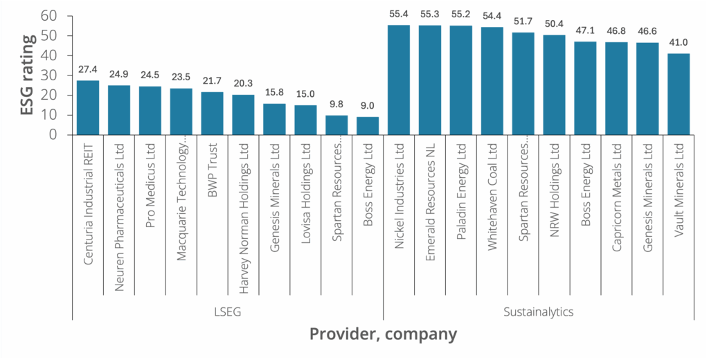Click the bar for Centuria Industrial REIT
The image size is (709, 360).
pyautogui.click(x=87, y=107)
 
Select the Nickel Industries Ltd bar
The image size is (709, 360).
pyautogui.click(x=399, y=80)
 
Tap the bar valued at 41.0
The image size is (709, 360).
pyautogui.click(x=679, y=93)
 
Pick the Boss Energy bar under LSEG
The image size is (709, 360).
pyautogui.click(x=368, y=125)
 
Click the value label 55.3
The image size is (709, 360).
pyautogui.click(x=430, y=14)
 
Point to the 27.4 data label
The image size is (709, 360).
pyautogui.click(x=87, y=70)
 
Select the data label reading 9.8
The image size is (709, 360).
pyautogui.click(x=336, y=105)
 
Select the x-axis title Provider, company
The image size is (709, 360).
pyautogui.click(x=383, y=334)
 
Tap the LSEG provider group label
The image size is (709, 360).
pyautogui.click(x=228, y=312)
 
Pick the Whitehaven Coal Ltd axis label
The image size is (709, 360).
pyautogui.click(x=492, y=195)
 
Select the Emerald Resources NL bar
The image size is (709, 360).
pyautogui.click(x=430, y=80)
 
